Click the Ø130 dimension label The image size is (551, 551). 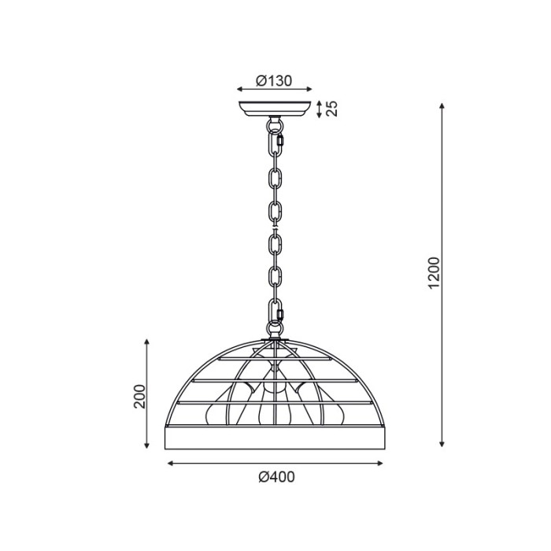[274, 81]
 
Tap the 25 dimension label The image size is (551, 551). [331, 109]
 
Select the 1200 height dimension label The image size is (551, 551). [435, 273]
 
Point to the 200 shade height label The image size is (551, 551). [139, 397]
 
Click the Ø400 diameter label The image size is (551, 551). [276, 477]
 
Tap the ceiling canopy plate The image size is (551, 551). [275, 109]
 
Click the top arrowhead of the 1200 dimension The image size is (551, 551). [442, 105]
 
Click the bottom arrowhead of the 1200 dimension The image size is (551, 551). [442, 444]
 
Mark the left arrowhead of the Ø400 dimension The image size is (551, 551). [171, 464]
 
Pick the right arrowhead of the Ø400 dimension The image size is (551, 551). [380, 464]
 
